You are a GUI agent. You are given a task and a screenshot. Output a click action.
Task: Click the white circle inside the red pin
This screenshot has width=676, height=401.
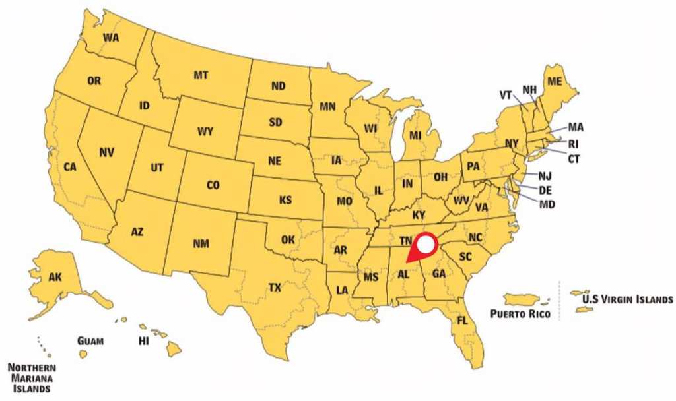(x=426, y=245)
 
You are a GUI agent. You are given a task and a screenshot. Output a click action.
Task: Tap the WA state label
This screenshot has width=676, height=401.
(x=111, y=38)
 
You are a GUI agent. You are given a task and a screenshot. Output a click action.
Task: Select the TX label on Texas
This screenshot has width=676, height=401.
(x=275, y=288)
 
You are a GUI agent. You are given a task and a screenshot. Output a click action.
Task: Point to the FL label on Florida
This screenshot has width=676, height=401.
(x=463, y=321)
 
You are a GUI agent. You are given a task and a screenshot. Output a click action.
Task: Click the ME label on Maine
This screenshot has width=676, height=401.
(x=555, y=81)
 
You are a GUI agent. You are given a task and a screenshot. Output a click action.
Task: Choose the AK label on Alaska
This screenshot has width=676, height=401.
(x=55, y=277)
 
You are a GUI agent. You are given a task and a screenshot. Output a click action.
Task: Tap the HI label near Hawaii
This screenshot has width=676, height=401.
(x=143, y=342)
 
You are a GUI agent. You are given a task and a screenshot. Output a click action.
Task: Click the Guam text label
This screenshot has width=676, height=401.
(x=90, y=341)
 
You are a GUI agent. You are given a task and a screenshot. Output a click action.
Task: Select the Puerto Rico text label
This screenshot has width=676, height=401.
(x=520, y=314)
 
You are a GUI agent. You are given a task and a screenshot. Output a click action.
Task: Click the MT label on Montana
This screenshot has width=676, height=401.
(x=201, y=75)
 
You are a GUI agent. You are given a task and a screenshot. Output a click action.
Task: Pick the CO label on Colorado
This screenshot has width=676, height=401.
(x=213, y=186)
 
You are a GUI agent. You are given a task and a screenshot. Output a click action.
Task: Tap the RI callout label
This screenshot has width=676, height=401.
(x=574, y=142)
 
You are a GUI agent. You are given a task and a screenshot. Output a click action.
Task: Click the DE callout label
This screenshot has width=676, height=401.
(x=545, y=189)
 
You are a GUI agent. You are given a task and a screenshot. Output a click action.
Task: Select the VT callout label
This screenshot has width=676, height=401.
(x=506, y=94)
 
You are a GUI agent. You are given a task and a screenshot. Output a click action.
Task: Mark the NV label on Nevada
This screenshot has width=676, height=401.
(x=106, y=152)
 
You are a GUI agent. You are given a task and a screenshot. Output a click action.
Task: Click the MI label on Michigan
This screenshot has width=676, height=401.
(x=415, y=135)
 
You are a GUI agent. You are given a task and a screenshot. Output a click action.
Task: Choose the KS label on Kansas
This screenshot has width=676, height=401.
(x=285, y=200)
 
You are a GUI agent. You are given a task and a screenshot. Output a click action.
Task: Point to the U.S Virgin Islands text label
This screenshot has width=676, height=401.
(x=628, y=299)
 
